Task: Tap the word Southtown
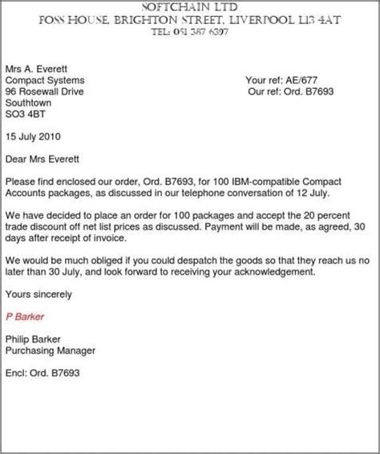[30, 103]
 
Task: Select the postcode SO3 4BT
[26, 115]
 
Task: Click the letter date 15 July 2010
[37, 137]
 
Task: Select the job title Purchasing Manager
[50, 350]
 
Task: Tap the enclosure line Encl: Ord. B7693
[43, 373]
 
